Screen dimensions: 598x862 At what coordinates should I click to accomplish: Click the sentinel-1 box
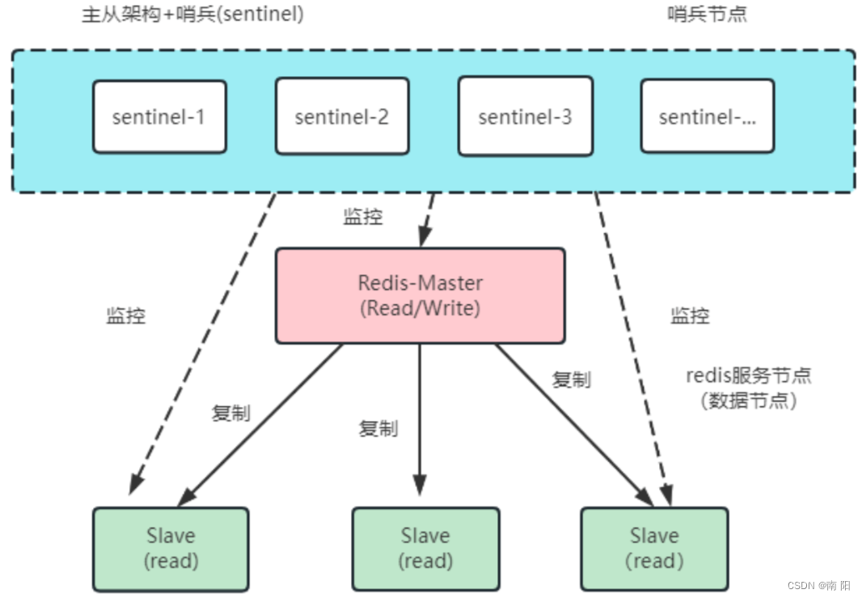click(x=159, y=116)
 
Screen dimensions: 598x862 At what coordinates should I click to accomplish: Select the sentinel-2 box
click(x=341, y=116)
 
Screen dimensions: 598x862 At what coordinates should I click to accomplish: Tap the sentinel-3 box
click(x=525, y=116)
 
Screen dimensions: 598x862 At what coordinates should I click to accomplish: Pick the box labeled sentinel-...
click(x=707, y=116)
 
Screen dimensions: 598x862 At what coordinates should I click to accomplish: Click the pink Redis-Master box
click(x=420, y=295)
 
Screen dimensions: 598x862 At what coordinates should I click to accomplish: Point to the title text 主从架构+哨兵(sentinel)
click(x=192, y=15)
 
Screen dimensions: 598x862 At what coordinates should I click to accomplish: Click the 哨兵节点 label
click(x=707, y=15)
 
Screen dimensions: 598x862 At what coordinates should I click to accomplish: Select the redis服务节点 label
click(x=748, y=375)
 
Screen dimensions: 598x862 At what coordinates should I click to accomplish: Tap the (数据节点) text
click(x=748, y=400)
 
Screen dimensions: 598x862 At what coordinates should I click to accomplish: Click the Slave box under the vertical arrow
click(x=425, y=548)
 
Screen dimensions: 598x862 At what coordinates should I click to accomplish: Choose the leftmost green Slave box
click(x=171, y=548)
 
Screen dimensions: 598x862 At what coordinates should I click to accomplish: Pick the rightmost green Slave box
click(x=654, y=548)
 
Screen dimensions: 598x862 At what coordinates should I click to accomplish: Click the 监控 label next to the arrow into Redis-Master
click(x=363, y=216)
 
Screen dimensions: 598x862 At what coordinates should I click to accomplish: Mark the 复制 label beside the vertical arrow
click(x=378, y=428)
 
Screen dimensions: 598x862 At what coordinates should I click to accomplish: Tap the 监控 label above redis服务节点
click(x=690, y=316)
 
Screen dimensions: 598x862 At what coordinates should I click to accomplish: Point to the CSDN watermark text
click(x=818, y=584)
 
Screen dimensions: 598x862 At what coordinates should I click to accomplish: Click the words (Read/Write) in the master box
click(x=420, y=308)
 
